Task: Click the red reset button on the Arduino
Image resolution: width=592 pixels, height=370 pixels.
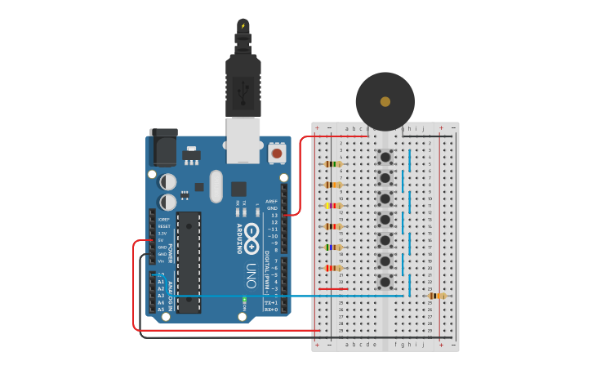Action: [x=277, y=153]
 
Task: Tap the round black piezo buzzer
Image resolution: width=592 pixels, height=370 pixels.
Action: [x=385, y=101]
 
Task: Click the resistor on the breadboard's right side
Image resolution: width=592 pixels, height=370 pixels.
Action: [x=438, y=296]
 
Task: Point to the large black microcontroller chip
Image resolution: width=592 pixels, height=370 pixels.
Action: [x=189, y=261]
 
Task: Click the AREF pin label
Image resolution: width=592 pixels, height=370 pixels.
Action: [x=272, y=201]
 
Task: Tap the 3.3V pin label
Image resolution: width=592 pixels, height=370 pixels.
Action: [x=162, y=234]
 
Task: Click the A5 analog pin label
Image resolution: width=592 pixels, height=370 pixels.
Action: [x=161, y=309]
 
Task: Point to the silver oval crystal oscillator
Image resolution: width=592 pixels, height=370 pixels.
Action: [x=216, y=185]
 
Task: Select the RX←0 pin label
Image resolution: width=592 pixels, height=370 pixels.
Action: [x=271, y=310]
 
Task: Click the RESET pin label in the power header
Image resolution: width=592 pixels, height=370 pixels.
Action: [x=163, y=226]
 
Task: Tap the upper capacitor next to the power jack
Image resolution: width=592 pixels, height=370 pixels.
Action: [x=167, y=181]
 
